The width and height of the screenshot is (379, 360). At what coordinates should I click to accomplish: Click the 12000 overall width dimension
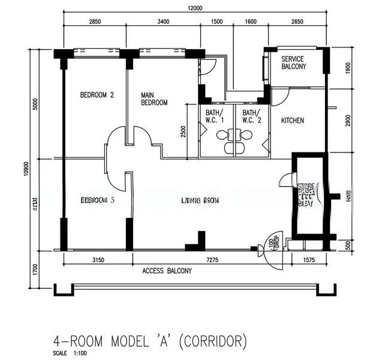194,8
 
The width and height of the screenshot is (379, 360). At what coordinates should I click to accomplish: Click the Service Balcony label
294,62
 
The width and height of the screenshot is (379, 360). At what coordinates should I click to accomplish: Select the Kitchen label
293,121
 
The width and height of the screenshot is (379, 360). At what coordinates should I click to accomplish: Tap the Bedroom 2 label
97,95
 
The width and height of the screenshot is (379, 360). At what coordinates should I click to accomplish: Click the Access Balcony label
167,271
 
